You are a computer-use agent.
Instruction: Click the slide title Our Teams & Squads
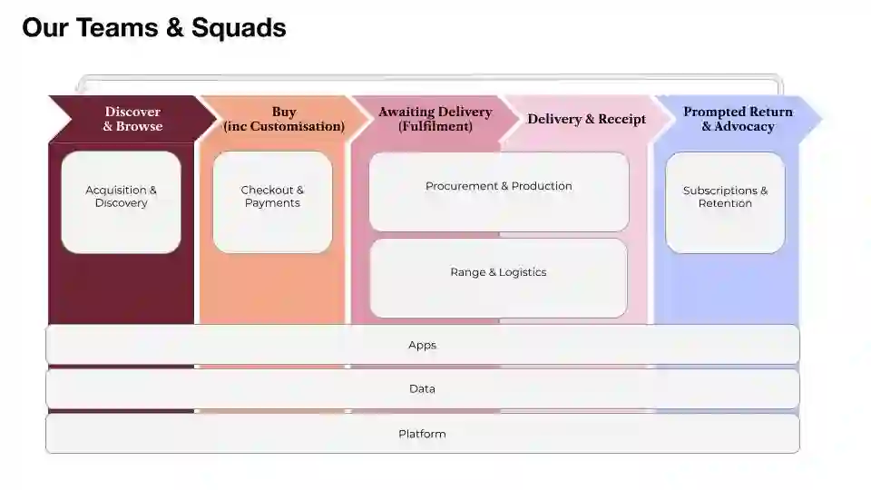pyautogui.click(x=153, y=28)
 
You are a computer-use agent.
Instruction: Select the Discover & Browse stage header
pyautogui.click(x=132, y=119)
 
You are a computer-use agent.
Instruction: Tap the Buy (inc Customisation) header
pyautogui.click(x=284, y=119)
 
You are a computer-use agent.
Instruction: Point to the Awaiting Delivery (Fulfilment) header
pyautogui.click(x=435, y=119)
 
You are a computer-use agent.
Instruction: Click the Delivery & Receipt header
pyautogui.click(x=586, y=119)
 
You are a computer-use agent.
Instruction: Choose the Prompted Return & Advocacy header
pyautogui.click(x=738, y=119)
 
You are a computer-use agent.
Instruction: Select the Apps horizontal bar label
pyautogui.click(x=422, y=345)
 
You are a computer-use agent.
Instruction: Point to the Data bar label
pyautogui.click(x=422, y=388)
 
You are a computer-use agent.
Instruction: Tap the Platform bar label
pyautogui.click(x=422, y=434)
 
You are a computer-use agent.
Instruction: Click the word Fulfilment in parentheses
pyautogui.click(x=435, y=127)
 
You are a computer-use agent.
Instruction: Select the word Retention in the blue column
pyautogui.click(x=725, y=203)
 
